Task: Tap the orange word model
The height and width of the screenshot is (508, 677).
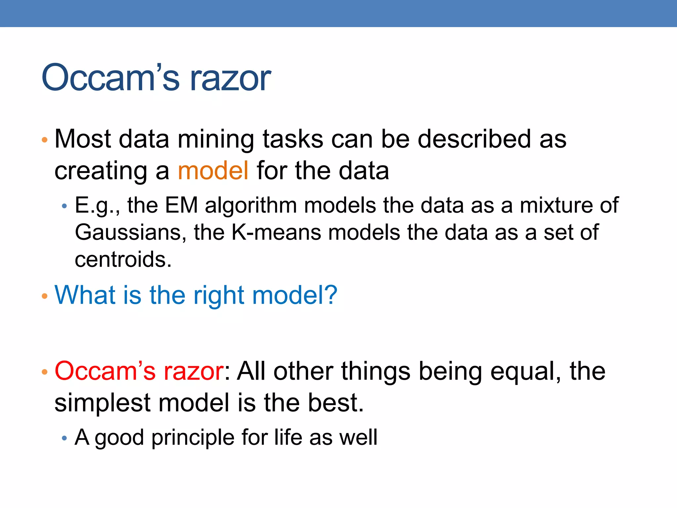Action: tap(213, 171)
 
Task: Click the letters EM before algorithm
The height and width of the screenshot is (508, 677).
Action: tap(181, 205)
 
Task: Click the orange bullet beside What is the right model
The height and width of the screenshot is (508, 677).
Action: tap(45, 296)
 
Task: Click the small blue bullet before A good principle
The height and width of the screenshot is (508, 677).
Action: tap(64, 439)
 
